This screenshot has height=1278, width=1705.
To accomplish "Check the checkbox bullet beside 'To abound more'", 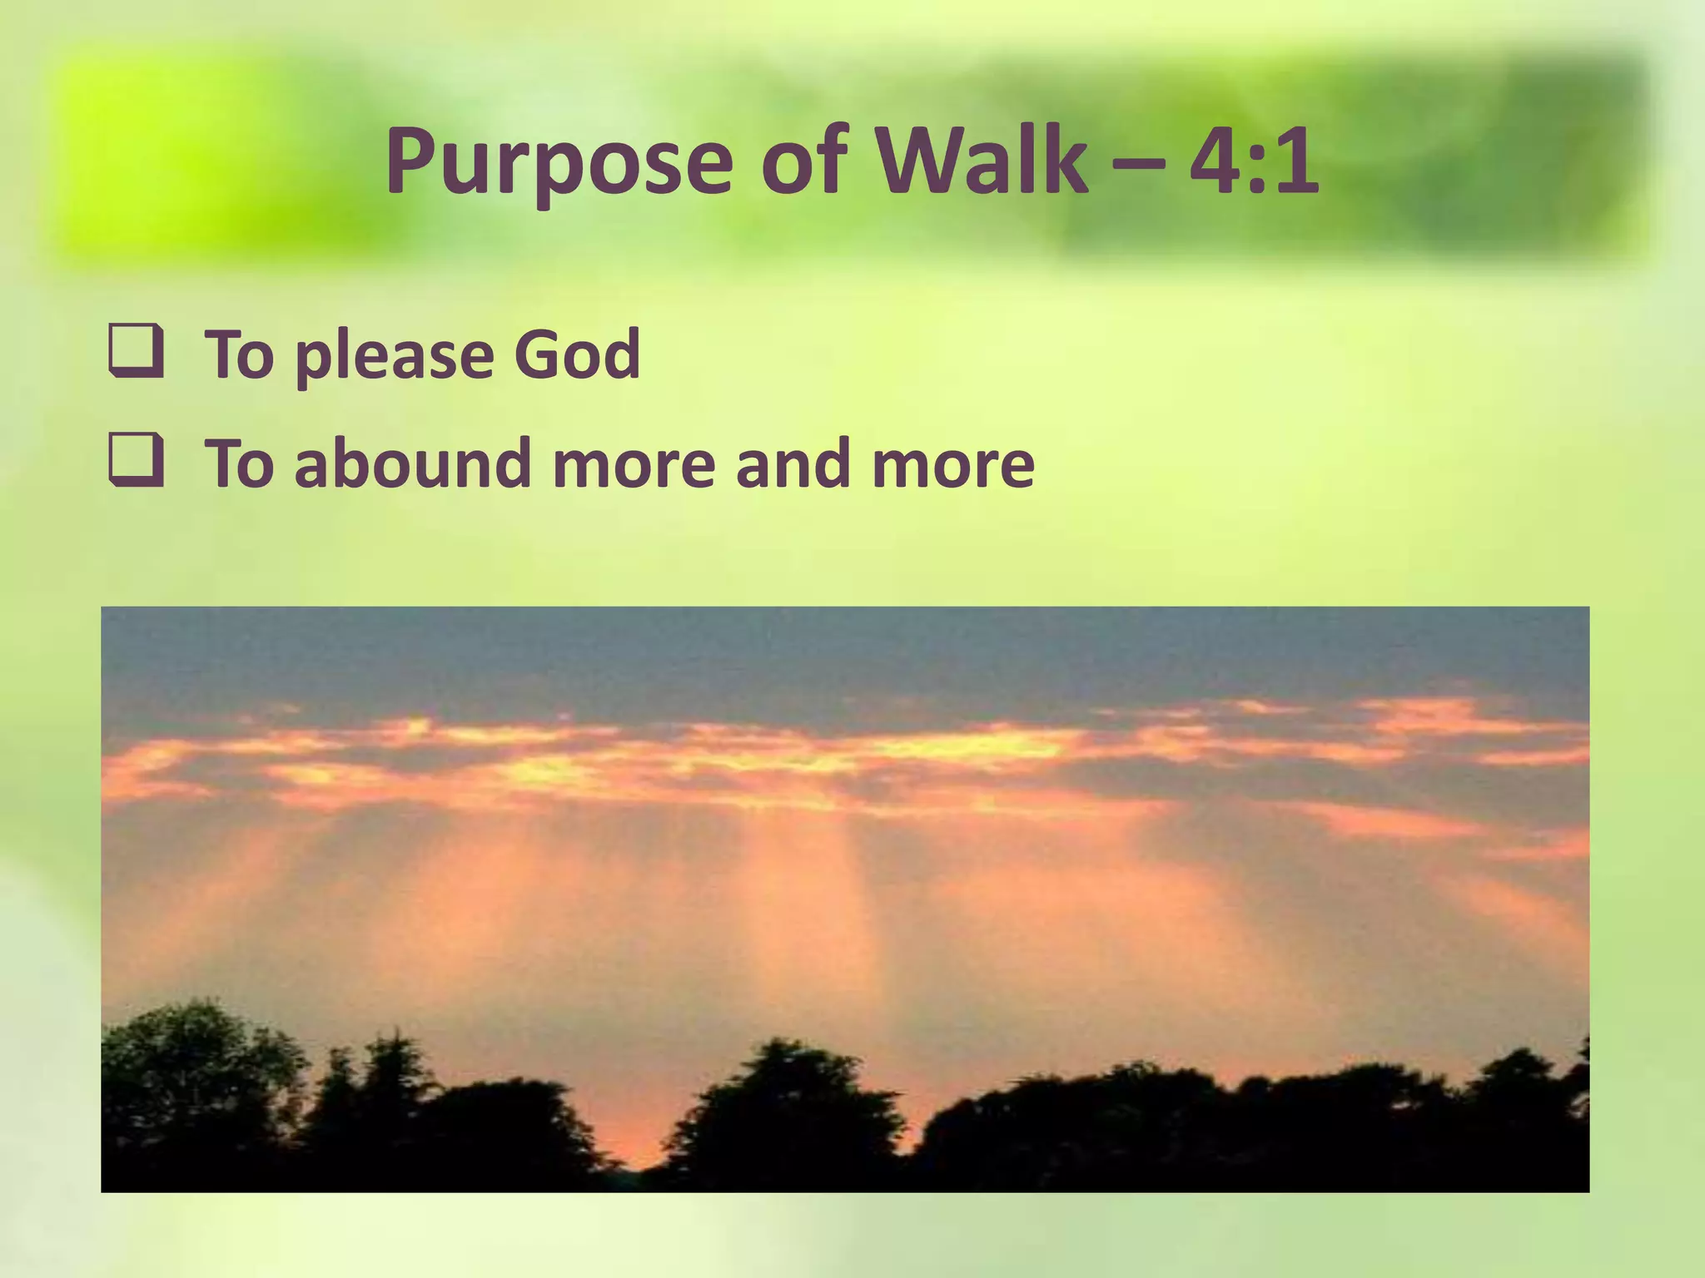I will tap(134, 463).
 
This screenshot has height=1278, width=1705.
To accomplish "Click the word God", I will tap(576, 354).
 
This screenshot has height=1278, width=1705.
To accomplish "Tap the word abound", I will tap(412, 463).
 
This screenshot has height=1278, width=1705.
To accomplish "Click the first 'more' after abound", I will tap(634, 466).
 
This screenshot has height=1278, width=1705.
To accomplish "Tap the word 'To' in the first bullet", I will tap(239, 354).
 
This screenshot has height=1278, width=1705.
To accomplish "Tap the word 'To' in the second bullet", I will tap(239, 463).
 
